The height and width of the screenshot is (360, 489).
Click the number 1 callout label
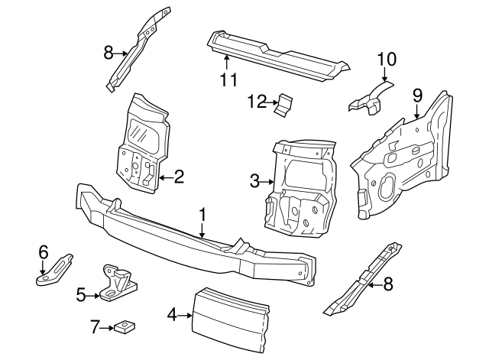(x=202, y=216)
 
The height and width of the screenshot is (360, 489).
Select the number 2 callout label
(x=179, y=178)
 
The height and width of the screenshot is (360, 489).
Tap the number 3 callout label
(x=254, y=181)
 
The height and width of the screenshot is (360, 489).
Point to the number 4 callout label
(x=172, y=313)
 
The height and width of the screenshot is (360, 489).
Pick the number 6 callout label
(x=44, y=251)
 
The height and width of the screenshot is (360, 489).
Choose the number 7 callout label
(x=96, y=327)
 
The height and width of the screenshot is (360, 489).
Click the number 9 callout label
(x=417, y=96)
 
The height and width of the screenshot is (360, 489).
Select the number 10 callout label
(x=387, y=58)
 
